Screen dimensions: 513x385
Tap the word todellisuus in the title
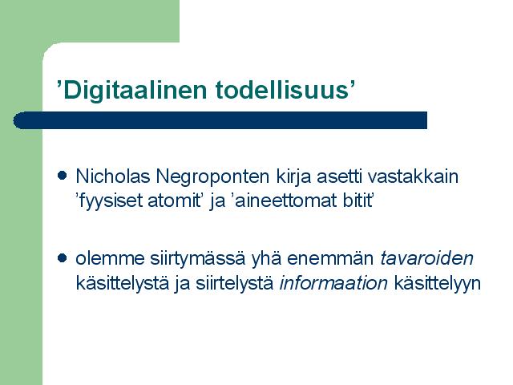(282, 90)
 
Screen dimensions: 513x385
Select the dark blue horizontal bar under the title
(220, 120)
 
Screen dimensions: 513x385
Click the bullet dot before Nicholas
(63, 176)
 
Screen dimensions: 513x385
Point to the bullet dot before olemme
(63, 258)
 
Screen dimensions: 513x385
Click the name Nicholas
(113, 176)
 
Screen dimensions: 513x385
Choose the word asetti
(339, 176)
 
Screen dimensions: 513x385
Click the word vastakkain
(413, 176)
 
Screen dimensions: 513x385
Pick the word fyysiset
(111, 201)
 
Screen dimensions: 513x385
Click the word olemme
(111, 258)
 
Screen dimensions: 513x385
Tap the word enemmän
(330, 259)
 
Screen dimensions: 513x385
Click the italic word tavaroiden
(426, 258)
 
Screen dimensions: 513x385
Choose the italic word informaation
(333, 283)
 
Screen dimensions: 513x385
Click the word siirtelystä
(235, 283)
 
